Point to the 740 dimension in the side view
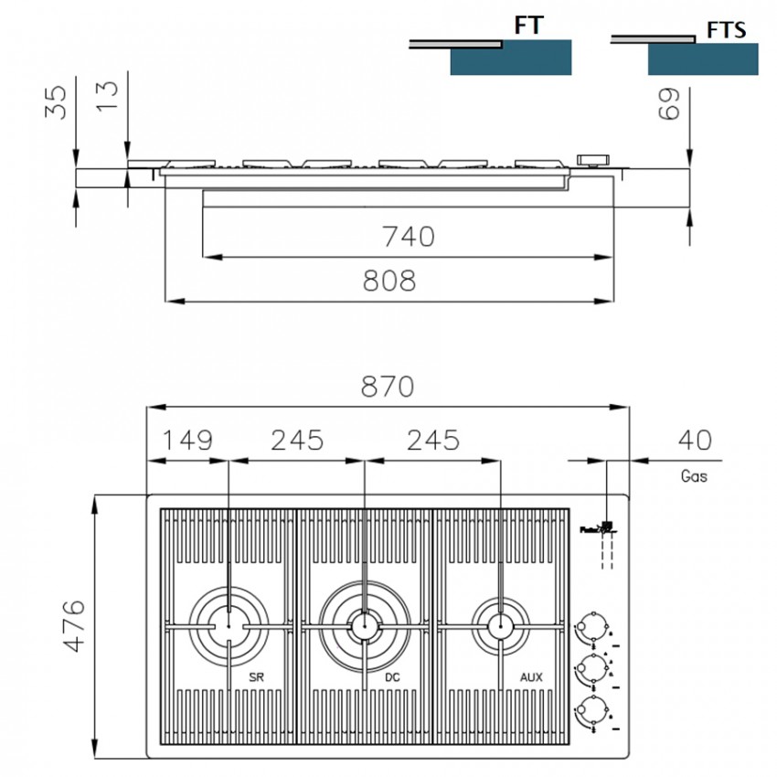pos(408,237)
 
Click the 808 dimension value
pos(388,281)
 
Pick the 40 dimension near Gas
pos(695,440)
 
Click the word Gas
pos(694,476)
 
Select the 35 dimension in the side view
pos(56,102)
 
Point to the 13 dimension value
pos(107,93)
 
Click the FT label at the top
pos(529,25)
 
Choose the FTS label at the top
pos(726,30)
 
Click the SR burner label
pos(256,677)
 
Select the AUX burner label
pos(531,677)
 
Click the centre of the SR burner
pos(228,626)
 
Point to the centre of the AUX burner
pos(500,626)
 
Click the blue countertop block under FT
pos(511,58)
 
